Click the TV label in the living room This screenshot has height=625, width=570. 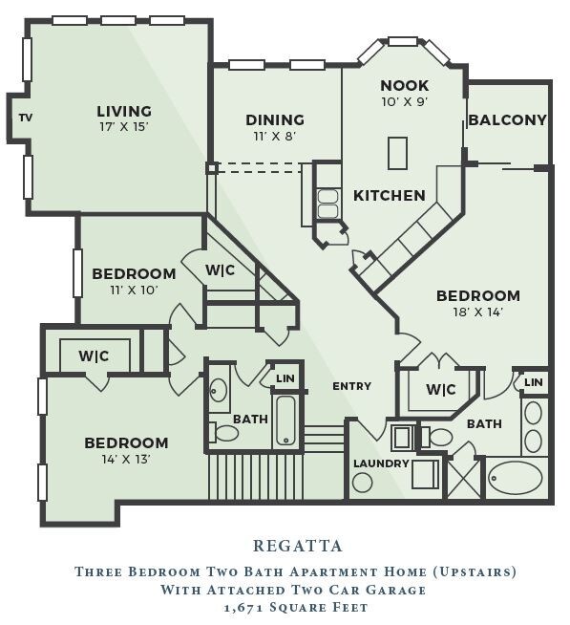26,118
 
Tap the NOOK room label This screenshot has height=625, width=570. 404,85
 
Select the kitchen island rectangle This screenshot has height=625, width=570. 397,153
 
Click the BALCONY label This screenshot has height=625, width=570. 508,119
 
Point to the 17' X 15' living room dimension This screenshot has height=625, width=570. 124,127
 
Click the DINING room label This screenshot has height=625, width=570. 275,119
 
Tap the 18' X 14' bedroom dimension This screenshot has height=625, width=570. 478,312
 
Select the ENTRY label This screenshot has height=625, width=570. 351,386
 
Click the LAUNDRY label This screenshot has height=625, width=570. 381,463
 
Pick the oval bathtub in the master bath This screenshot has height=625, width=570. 516,479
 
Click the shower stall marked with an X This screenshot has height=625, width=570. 464,478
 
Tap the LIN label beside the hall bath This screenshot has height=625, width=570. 285,377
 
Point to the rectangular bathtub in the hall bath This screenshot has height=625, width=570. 285,420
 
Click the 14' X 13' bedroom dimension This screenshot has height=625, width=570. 126,459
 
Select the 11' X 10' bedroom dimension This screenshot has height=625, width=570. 134,290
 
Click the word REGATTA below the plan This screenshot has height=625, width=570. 298,546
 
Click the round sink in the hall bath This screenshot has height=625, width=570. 218,389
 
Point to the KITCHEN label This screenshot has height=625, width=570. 390,195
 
